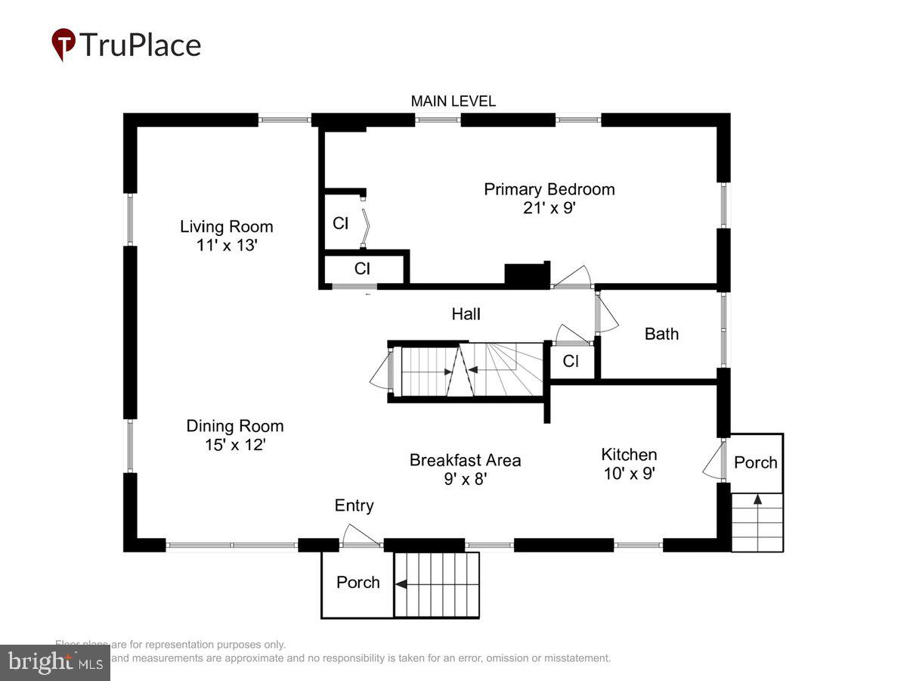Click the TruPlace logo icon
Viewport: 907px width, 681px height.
point(63,45)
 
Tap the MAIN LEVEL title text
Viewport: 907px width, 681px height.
point(453,101)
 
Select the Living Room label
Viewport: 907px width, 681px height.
point(226,226)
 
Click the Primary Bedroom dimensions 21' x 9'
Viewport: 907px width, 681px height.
point(549,208)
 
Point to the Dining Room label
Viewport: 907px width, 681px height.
point(235,426)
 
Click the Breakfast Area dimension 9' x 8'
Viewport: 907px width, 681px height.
point(465,479)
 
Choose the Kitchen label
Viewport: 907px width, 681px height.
point(629,455)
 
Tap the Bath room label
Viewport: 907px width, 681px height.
point(661,334)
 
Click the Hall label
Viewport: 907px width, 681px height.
point(466,314)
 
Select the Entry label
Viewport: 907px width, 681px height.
point(354,505)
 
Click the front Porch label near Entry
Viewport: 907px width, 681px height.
point(358,582)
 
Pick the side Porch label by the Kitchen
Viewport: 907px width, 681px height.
point(756,462)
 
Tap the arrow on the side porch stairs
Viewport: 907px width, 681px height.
point(757,500)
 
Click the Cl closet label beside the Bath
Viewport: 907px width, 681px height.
point(571,362)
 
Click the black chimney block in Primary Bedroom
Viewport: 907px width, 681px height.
point(527,275)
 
